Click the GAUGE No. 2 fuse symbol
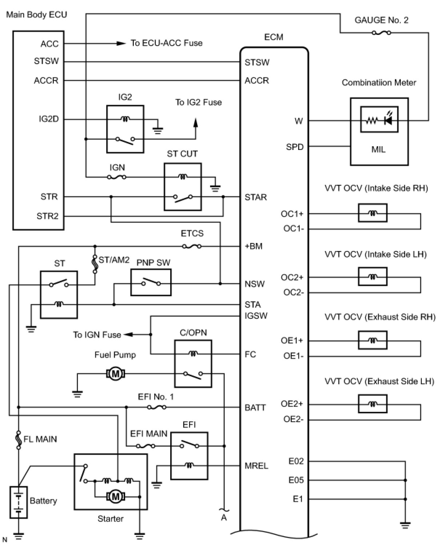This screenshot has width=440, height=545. click(381, 33)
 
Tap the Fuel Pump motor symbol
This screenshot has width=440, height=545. click(116, 374)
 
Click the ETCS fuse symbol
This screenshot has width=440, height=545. click(192, 246)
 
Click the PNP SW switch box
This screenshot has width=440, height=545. click(151, 282)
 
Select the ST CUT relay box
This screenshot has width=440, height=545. click(183, 187)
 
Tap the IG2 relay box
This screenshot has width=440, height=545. click(125, 129)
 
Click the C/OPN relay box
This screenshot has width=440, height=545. click(193, 363)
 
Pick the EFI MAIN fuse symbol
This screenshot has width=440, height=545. click(145, 446)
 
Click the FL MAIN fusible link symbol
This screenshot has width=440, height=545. click(19, 440)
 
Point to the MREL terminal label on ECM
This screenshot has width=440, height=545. click(256, 466)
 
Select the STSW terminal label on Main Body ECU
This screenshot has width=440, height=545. click(46, 61)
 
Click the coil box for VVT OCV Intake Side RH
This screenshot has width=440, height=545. click(372, 213)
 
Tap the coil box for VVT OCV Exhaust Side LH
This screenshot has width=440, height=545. click(372, 404)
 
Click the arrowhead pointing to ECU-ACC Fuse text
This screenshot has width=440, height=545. click(121, 44)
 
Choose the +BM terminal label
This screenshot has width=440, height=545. click(253, 246)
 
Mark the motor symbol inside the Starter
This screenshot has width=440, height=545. click(116, 497)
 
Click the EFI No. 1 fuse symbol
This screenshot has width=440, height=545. click(156, 407)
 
